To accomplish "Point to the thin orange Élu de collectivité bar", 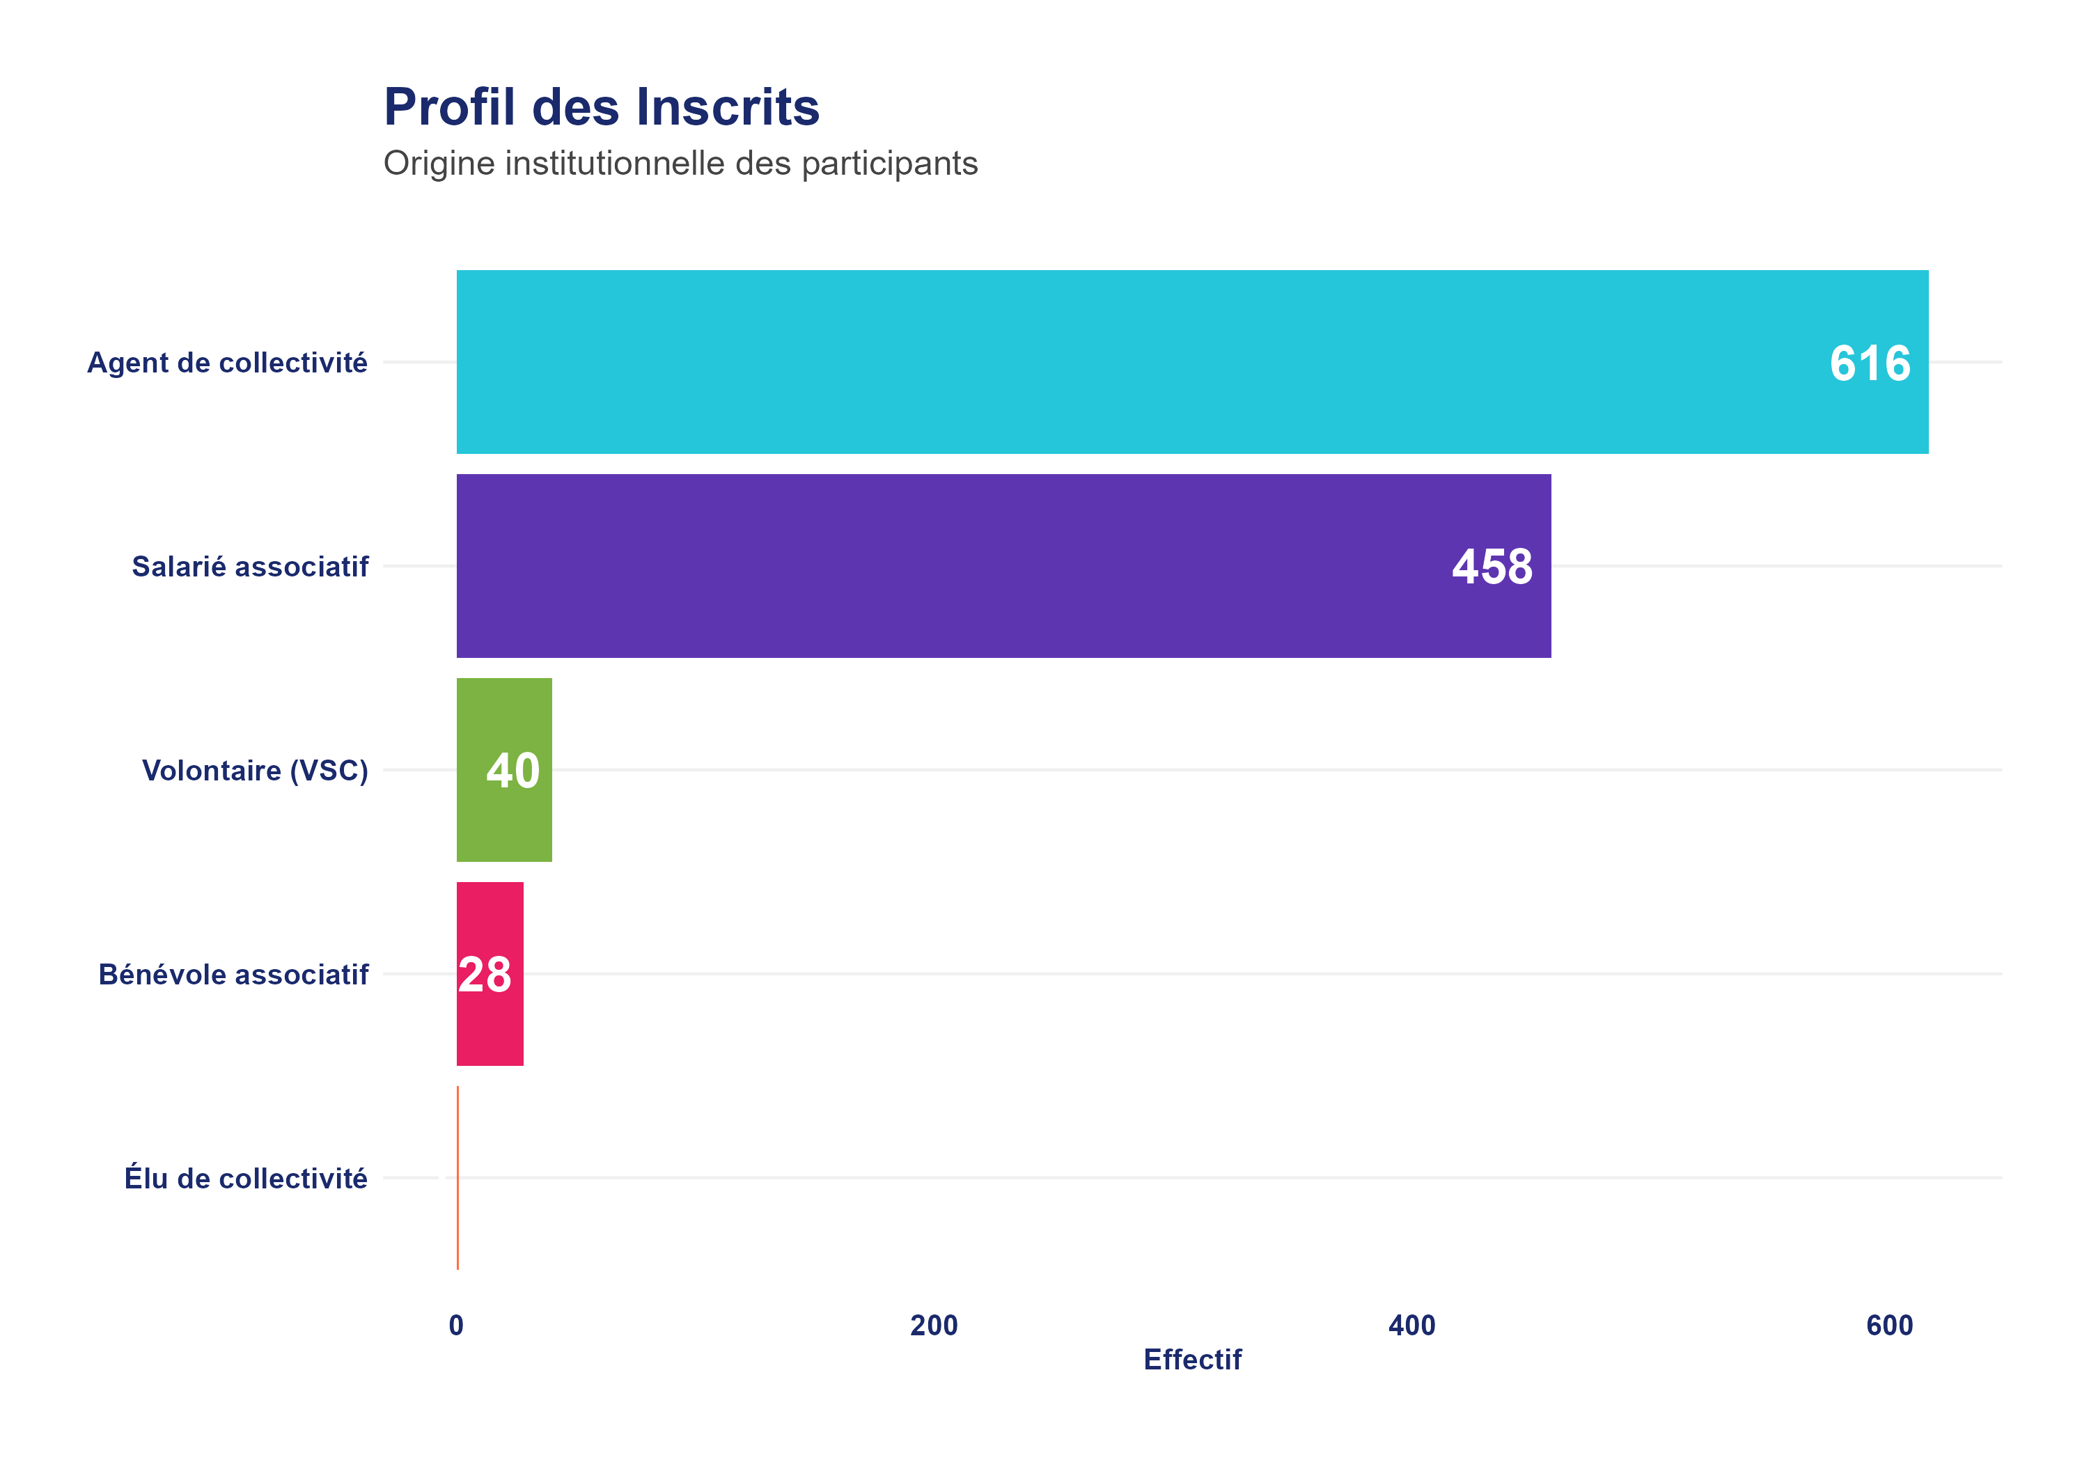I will pyautogui.click(x=457, y=1177).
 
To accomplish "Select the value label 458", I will pyautogui.click(x=1492, y=567).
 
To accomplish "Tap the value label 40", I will pyautogui.click(x=513, y=771).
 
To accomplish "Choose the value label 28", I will pyautogui.click(x=485, y=975).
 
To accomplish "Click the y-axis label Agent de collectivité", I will pyautogui.click(x=228, y=363).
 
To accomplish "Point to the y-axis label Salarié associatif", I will pyautogui.click(x=250, y=567).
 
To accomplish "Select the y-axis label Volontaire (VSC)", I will pyautogui.click(x=255, y=771).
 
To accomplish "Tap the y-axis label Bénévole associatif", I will pyautogui.click(x=234, y=975).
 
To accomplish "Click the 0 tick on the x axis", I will pyautogui.click(x=457, y=1326).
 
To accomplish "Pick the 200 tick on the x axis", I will pyautogui.click(x=934, y=1326).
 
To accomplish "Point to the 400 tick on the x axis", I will pyautogui.click(x=1412, y=1326).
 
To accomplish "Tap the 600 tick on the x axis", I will pyautogui.click(x=1890, y=1326).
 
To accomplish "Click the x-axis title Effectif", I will pyautogui.click(x=1192, y=1359).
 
